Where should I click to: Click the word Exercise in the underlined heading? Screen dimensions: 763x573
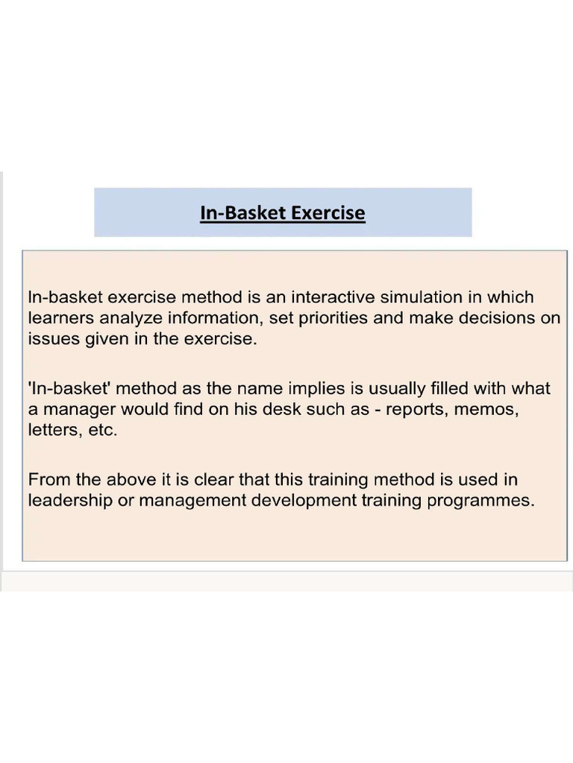point(328,213)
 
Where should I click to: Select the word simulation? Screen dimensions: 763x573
point(420,297)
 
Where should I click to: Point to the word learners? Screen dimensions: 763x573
point(56,318)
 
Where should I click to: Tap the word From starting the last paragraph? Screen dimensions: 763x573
point(49,479)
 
